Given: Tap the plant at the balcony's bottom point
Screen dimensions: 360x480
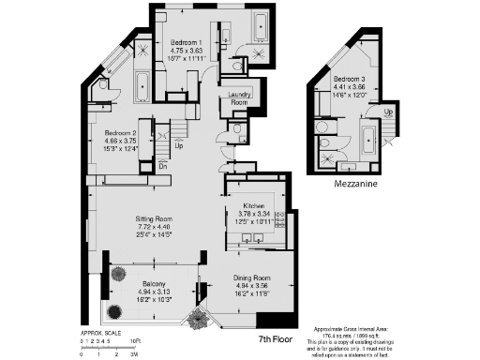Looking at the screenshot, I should (x=198, y=321).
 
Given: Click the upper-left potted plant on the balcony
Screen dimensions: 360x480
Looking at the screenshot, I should (x=119, y=275).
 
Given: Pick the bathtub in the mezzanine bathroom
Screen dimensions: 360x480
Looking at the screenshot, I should (x=370, y=142).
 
